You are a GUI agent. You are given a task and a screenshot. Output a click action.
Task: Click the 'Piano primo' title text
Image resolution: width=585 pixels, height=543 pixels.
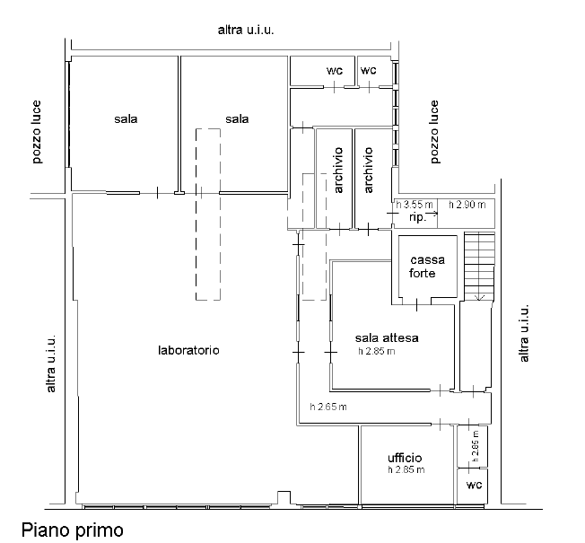point(72,530)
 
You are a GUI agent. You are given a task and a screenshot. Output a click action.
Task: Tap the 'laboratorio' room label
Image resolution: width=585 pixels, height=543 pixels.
point(188,350)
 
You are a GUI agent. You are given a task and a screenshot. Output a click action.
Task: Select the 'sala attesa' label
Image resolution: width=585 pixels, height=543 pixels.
point(387,337)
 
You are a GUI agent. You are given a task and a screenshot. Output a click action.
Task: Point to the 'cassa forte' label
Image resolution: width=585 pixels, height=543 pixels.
point(427,267)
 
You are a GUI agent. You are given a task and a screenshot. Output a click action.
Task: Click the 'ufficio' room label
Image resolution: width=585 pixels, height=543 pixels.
point(405,458)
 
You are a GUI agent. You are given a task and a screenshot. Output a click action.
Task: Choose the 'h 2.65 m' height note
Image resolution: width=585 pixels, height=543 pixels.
point(328,407)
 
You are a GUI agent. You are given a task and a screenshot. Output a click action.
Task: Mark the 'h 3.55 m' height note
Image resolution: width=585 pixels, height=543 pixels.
point(415,205)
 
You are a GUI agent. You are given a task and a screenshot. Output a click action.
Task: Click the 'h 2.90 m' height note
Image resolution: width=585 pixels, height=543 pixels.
point(467,205)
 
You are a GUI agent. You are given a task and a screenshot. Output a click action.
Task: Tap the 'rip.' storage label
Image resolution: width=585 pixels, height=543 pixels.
point(417,217)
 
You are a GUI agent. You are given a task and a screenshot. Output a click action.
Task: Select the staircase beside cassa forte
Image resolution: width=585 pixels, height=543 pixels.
point(479,267)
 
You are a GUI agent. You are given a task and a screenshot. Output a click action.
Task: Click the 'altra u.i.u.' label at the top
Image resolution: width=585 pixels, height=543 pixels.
point(246,30)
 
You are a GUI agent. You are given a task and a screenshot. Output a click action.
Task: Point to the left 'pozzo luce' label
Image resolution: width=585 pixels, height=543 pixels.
point(36,132)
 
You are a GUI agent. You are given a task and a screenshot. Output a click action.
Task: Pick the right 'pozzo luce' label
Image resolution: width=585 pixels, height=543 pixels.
point(434,132)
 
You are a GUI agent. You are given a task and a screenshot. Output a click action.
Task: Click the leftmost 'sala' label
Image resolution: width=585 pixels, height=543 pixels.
point(126,119)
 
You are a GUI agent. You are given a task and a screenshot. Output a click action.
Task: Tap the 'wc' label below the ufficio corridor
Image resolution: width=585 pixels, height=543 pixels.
point(475,485)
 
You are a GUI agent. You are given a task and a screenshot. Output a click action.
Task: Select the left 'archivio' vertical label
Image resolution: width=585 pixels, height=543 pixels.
point(338,171)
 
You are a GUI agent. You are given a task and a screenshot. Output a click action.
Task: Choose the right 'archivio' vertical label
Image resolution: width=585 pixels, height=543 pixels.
point(368,171)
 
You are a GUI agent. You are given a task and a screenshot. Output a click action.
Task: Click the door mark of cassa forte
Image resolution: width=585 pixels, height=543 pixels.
point(416,304)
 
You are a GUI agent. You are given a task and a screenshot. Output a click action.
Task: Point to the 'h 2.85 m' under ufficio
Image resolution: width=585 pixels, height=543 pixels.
point(406,470)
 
